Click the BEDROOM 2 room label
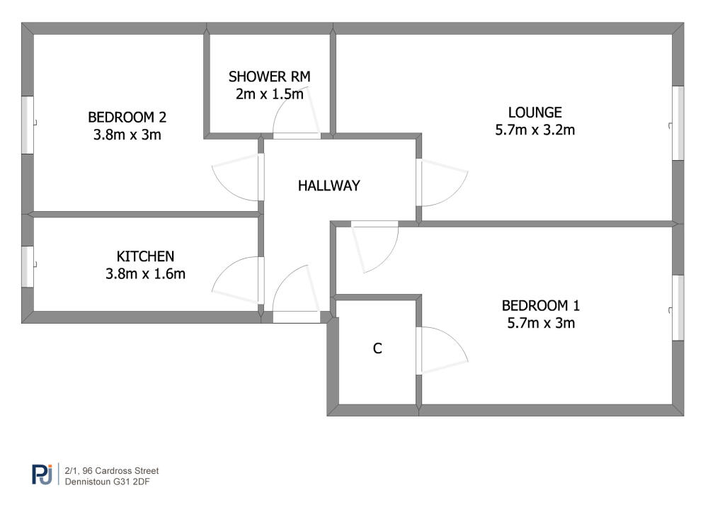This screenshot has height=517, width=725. [127, 117]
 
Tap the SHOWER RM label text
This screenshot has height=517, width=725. [270, 76]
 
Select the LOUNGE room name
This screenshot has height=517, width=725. [535, 113]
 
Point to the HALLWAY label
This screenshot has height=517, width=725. [329, 186]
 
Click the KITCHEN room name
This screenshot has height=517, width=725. [145, 256]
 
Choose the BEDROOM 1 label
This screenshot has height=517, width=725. [540, 306]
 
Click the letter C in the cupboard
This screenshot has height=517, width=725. [377, 348]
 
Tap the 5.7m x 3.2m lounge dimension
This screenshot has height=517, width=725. [535, 130]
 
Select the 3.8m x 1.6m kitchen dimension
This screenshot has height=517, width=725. [145, 274]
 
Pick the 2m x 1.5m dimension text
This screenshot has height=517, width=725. [270, 94]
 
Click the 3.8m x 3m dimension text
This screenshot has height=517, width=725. [127, 135]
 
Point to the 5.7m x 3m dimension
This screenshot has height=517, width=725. [540, 323]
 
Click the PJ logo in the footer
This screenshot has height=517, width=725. [42, 475]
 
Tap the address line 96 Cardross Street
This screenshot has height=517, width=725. [112, 471]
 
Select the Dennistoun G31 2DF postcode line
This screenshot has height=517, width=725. [108, 482]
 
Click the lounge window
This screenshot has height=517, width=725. [678, 123]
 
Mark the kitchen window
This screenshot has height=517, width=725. [28, 266]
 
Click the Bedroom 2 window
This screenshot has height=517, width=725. [28, 125]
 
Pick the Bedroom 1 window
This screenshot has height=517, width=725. [678, 308]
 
